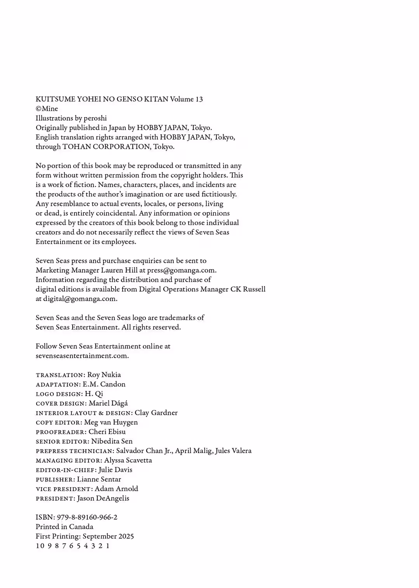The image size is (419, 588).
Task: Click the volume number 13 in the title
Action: tap(199, 99)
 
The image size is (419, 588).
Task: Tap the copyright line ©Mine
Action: tap(47, 109)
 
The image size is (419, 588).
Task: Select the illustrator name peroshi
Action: tap(95, 118)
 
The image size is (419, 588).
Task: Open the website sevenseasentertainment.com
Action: tap(82, 356)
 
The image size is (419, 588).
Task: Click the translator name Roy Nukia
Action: tap(104, 375)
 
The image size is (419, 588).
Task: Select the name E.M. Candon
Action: tap(104, 384)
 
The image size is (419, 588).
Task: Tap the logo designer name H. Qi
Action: tap(94, 394)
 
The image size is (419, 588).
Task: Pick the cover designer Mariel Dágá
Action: tap(108, 403)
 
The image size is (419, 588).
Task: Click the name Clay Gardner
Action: tap(156, 413)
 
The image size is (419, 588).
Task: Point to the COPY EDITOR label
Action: tap(59, 423)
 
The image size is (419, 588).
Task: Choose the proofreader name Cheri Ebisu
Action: tap(107, 432)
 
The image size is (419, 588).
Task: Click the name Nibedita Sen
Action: tap(112, 441)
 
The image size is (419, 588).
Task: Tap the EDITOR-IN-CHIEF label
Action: tap(66, 470)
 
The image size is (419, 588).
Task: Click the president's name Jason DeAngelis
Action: tap(103, 498)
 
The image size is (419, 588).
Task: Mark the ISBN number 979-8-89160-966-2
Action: tap(87, 517)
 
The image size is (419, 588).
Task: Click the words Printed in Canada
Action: tap(64, 527)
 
